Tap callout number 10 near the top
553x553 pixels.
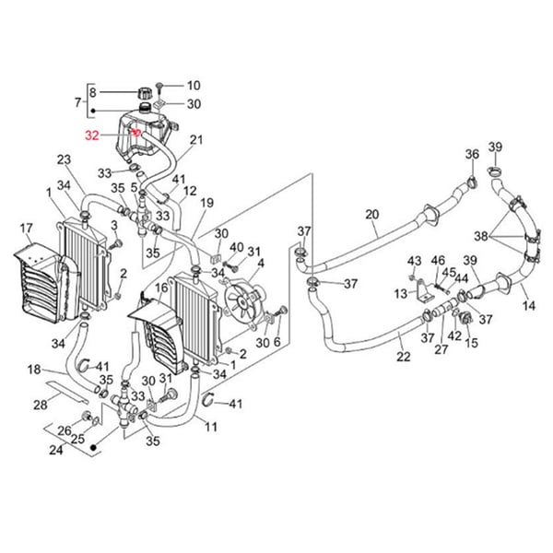click(x=193, y=85)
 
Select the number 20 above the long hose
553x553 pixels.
click(x=371, y=215)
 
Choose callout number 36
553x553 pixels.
click(x=471, y=154)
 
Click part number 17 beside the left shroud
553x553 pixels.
click(x=27, y=228)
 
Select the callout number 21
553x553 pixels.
click(x=195, y=140)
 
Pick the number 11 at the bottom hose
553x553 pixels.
click(x=211, y=427)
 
